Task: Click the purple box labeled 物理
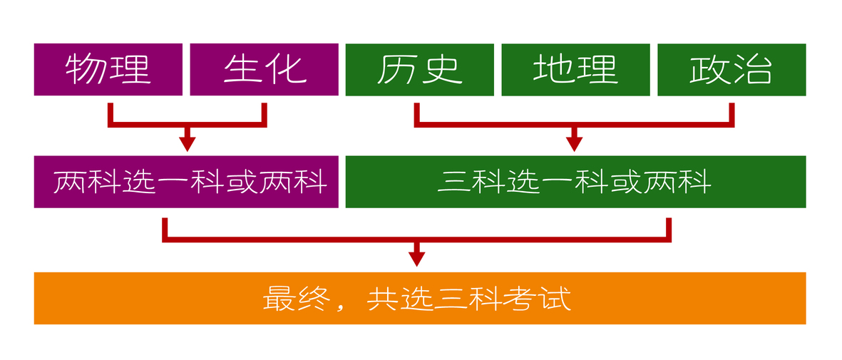(x=108, y=70)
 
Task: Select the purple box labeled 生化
(x=265, y=70)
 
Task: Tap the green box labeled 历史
(x=419, y=70)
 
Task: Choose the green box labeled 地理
(x=575, y=70)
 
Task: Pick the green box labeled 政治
(x=732, y=70)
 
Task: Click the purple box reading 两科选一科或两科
(x=186, y=182)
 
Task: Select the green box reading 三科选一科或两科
(x=575, y=182)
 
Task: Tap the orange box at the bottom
(x=420, y=298)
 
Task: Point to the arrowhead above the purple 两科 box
(x=187, y=145)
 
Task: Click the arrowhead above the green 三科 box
(x=574, y=145)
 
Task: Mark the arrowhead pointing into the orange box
(x=416, y=259)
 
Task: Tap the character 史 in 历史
(x=443, y=70)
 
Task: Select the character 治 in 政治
(x=754, y=70)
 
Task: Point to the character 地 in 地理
(x=553, y=70)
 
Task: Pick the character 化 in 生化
(x=287, y=70)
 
